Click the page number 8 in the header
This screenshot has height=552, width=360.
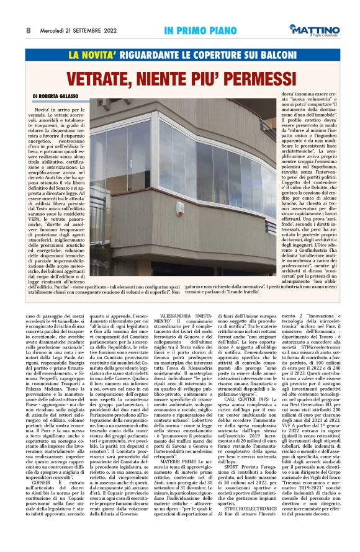coord(29,30)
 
